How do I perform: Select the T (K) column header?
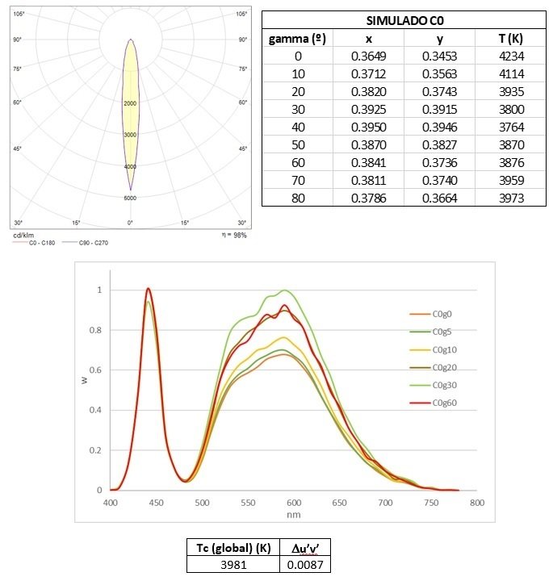coord(509,39)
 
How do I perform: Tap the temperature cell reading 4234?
coord(509,56)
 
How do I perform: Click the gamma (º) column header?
coord(298,39)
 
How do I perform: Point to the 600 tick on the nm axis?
coord(294,502)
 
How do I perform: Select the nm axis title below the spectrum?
coord(294,514)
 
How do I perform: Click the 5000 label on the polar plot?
coord(130,197)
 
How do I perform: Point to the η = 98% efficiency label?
coord(233,235)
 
